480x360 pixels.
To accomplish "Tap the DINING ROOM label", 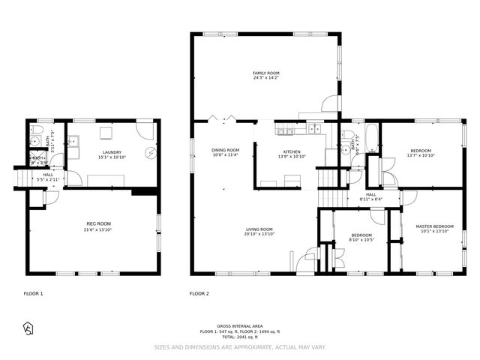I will coord(225,150).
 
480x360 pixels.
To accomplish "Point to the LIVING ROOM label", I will coord(259,229).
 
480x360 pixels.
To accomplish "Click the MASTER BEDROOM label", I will coord(435,226).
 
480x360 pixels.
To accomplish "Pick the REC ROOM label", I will coord(99,223).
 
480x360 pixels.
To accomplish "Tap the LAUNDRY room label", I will coord(112,152).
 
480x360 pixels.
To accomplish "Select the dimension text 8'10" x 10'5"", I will coord(362,240).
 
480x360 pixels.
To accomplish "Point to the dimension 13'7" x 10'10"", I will coord(421,155).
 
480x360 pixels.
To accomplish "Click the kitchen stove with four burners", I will coord(286,133).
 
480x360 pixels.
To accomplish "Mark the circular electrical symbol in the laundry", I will coord(150,155).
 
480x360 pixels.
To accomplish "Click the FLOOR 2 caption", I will coord(199,294).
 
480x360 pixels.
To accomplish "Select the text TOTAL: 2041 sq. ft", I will coord(239,337).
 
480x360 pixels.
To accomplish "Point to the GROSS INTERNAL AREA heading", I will coord(239,326).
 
